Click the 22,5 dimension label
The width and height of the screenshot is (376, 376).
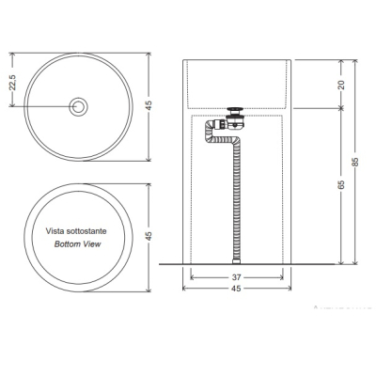click(x=12, y=83)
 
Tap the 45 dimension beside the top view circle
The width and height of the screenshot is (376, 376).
click(x=149, y=105)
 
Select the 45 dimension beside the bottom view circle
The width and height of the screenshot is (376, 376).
click(x=149, y=236)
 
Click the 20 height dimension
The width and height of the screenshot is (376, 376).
click(x=341, y=85)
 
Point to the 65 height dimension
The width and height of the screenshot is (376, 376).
click(x=341, y=184)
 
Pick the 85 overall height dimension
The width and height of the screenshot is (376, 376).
click(x=355, y=161)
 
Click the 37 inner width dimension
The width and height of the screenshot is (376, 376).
click(x=237, y=277)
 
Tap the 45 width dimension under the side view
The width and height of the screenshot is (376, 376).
click(x=237, y=289)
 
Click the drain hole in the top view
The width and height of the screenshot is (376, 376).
click(x=78, y=107)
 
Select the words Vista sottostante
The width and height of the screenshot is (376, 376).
click(x=76, y=231)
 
